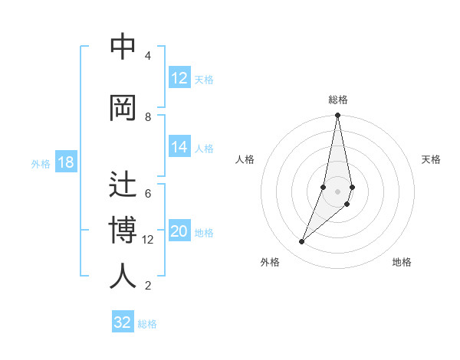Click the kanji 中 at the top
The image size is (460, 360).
coord(123,47)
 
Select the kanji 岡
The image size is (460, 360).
coord(123,108)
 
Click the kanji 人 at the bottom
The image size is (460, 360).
coord(123,276)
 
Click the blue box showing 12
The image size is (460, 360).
coord(179,78)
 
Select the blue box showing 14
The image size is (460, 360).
coord(179,147)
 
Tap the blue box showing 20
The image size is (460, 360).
coord(179,232)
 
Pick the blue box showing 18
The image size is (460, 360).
coord(65,162)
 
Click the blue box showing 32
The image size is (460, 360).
coord(123,322)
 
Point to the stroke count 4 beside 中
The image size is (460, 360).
coord(148,56)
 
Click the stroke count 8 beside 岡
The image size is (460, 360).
coord(148,116)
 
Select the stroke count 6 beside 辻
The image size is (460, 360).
coord(148,193)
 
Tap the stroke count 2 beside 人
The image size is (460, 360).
coord(148,286)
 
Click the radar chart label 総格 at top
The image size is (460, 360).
coord(338,100)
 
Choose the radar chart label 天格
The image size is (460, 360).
coord(431,159)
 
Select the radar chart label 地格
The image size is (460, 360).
coord(402,262)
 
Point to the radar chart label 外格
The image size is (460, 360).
coord(270,262)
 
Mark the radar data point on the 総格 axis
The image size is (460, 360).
coord(337,116)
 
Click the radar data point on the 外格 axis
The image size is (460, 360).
coord(301,242)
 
